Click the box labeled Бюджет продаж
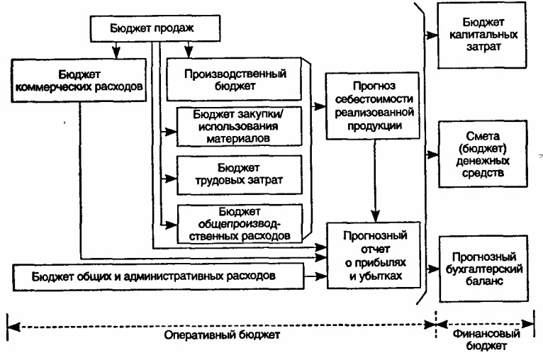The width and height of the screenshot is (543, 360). [x=155, y=28]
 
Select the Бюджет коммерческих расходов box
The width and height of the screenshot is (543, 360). [x=79, y=80]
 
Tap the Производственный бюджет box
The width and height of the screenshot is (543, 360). [x=234, y=79]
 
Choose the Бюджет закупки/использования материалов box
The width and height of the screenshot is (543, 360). [x=240, y=126]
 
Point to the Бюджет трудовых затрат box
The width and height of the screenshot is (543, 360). [x=240, y=174]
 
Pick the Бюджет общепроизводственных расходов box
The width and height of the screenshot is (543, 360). [x=240, y=224]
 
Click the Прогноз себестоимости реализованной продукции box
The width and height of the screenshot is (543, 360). [x=373, y=106]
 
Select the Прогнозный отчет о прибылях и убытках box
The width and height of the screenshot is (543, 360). [x=374, y=255]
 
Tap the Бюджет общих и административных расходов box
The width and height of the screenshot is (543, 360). [x=158, y=276]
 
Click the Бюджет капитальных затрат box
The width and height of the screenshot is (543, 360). [x=482, y=35]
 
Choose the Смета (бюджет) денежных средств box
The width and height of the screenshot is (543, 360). [x=483, y=154]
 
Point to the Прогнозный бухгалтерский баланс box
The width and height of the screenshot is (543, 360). [x=483, y=269]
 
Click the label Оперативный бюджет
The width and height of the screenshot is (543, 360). [x=222, y=335]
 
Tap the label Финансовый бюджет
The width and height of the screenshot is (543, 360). [x=486, y=339]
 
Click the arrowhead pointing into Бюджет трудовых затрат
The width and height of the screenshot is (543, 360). [x=172, y=179]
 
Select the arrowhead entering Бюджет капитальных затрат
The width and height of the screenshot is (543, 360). [x=432, y=35]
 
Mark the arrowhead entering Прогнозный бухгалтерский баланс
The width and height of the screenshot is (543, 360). [x=434, y=269]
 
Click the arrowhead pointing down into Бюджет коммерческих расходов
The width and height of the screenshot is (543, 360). [x=116, y=53]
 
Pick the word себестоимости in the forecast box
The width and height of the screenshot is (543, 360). [x=374, y=99]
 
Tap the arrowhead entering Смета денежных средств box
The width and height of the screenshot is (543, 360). [x=433, y=154]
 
